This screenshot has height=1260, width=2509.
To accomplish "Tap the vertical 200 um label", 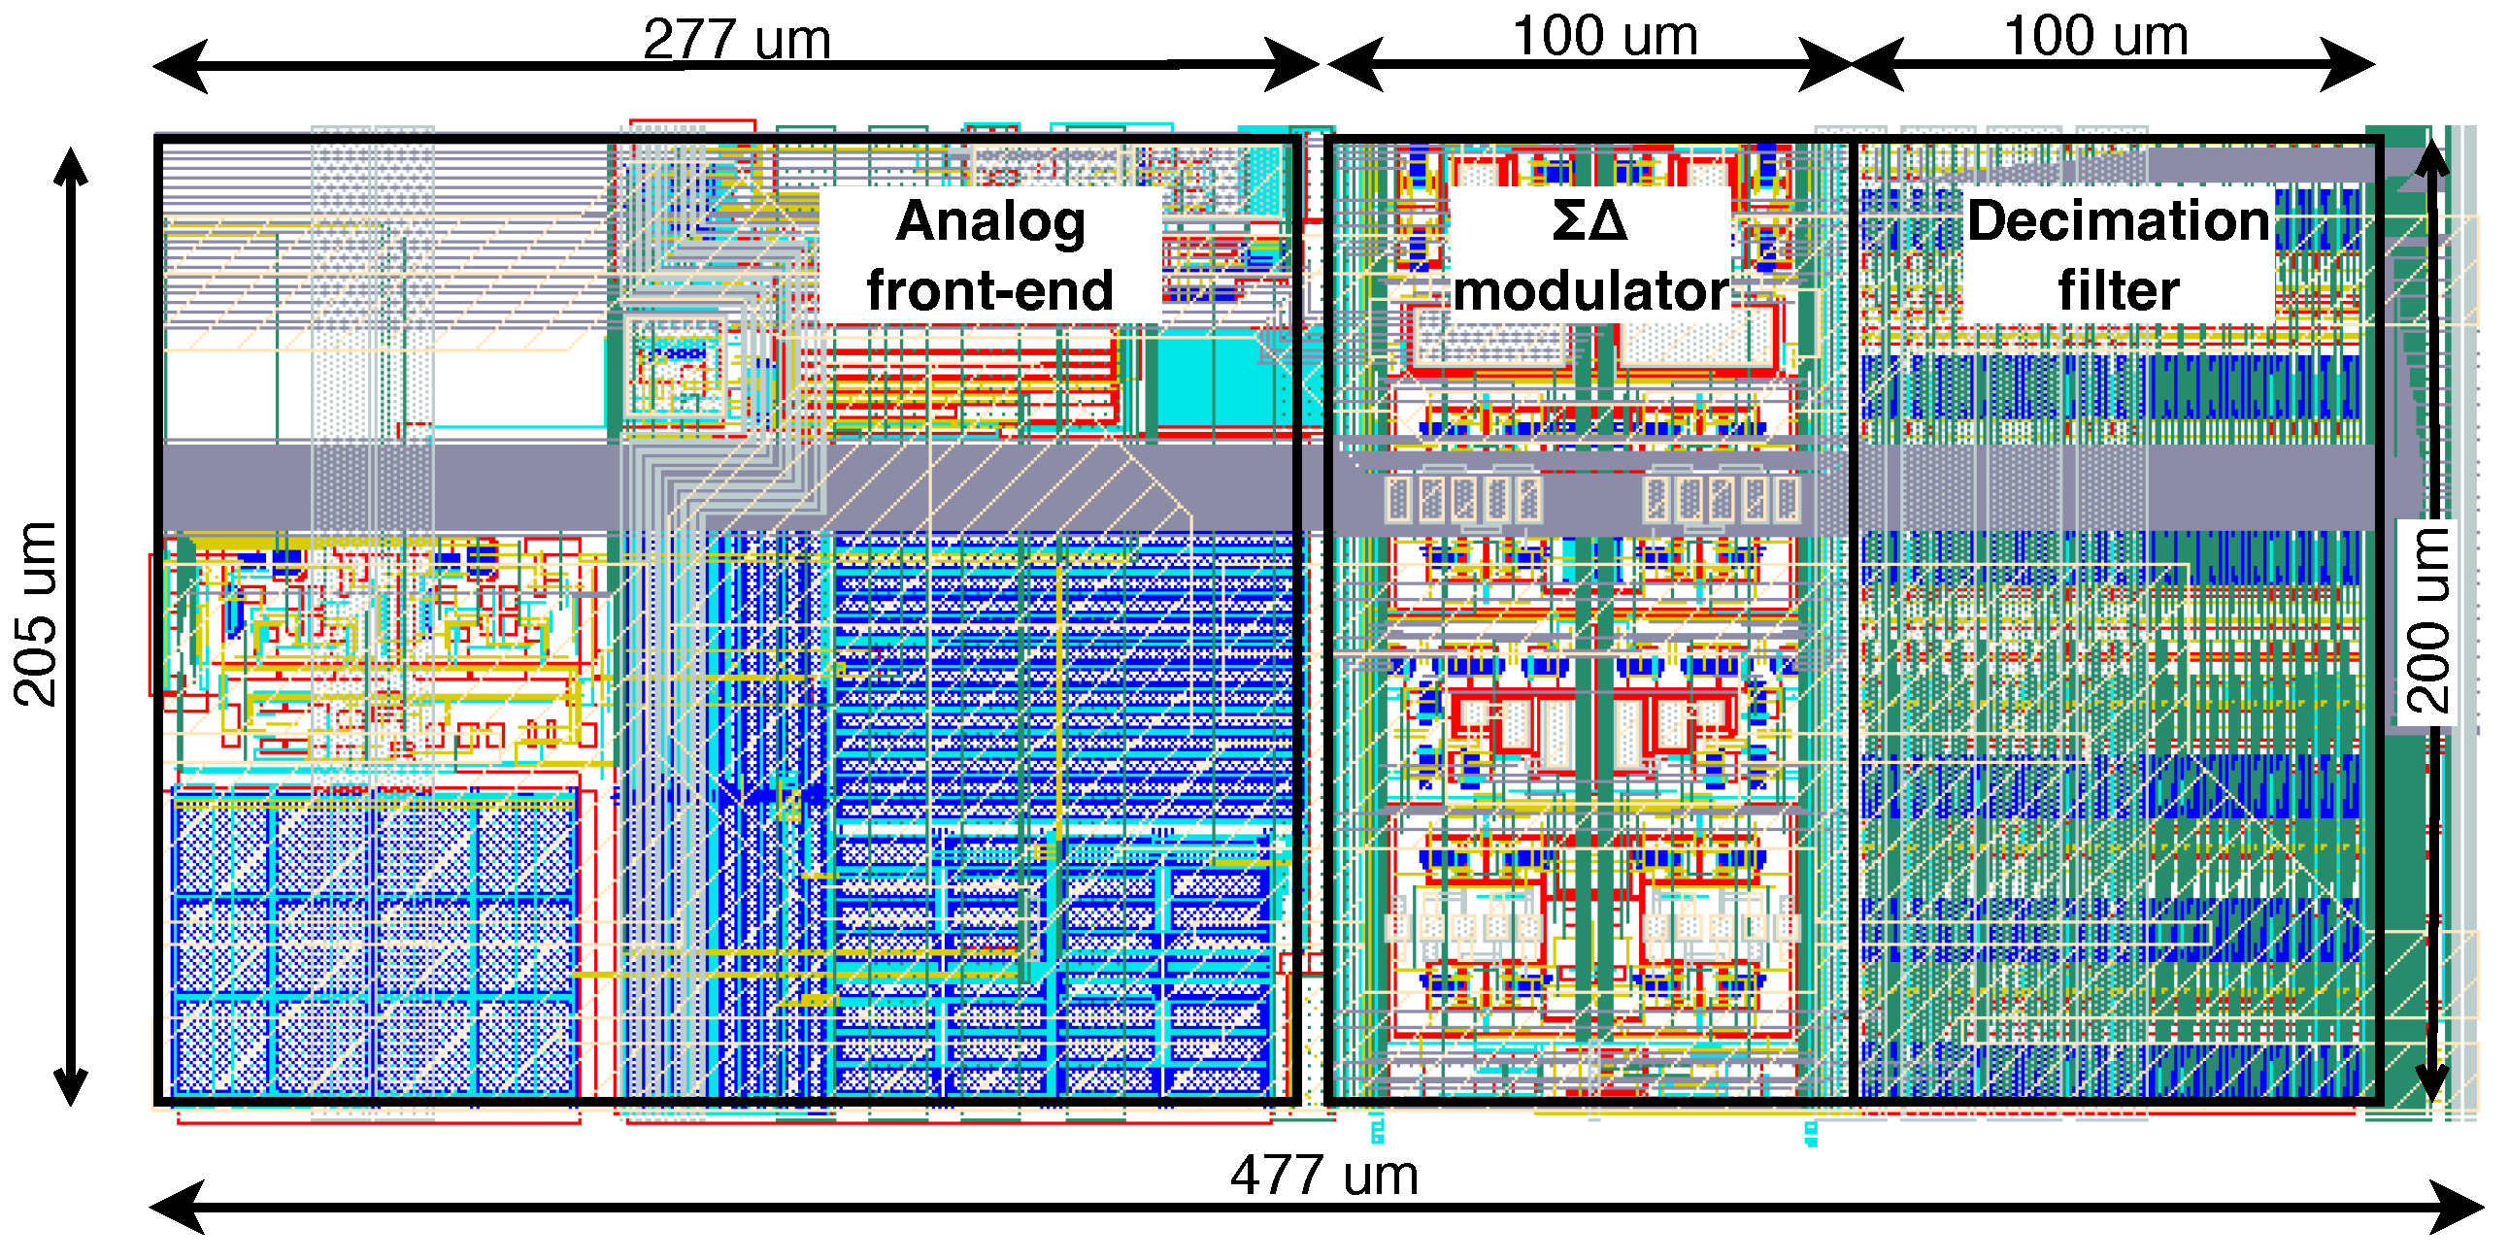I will pos(2427,621).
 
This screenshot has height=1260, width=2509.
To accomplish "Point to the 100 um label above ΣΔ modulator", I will pos(1604,36).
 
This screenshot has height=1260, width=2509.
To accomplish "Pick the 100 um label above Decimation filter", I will pos(2095,36).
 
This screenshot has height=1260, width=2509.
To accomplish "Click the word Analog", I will pos(990,221).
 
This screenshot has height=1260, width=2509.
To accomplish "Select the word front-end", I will pos(989,290).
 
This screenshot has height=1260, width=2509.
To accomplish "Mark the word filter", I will pos(2119,290).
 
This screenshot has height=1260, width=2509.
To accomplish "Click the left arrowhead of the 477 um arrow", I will pos(176,1208).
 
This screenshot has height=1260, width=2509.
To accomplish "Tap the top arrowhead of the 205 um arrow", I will pos(71,166).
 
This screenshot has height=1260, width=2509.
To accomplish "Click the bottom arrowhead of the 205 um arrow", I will pos(71,1085).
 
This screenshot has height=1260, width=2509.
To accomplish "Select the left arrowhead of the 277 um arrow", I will pos(180,66).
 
